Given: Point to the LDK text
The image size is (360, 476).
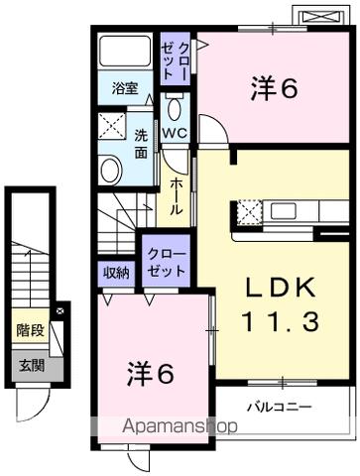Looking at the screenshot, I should click(x=282, y=289).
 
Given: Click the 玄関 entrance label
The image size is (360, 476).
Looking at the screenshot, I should click(x=29, y=364).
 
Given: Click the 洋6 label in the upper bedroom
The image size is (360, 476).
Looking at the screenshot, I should click(x=274, y=88).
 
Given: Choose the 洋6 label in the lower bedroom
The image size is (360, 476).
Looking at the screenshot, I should click(x=151, y=374).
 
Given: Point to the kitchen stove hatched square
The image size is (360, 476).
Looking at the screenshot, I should click(x=247, y=210).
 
